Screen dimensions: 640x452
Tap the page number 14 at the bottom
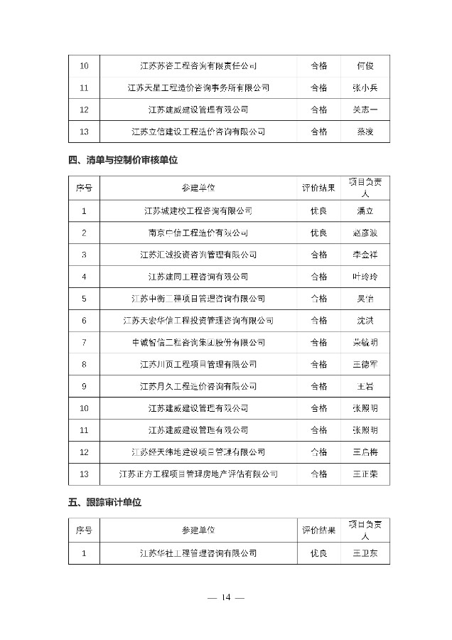(226, 597)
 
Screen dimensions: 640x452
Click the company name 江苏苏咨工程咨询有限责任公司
(198, 66)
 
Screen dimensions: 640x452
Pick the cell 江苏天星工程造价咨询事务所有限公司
(198, 88)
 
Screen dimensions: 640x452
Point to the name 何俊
(365, 66)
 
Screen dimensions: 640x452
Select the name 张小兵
(365, 88)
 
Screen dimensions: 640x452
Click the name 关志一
(365, 110)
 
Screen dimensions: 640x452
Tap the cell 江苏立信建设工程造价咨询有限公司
(198, 132)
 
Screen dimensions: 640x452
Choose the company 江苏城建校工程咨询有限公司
(198, 210)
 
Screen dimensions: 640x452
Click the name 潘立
(365, 210)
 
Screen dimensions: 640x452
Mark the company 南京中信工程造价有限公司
(198, 233)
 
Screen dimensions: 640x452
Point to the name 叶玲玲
(365, 277)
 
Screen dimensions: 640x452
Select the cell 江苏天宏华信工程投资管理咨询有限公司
(198, 321)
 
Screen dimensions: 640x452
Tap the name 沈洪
(365, 321)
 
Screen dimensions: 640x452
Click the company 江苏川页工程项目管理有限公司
(198, 364)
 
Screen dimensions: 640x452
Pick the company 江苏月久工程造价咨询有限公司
(198, 386)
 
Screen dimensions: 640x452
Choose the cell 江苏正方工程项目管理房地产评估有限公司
(198, 474)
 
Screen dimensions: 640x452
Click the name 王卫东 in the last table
(365, 553)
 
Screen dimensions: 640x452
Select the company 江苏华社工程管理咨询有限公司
(198, 553)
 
